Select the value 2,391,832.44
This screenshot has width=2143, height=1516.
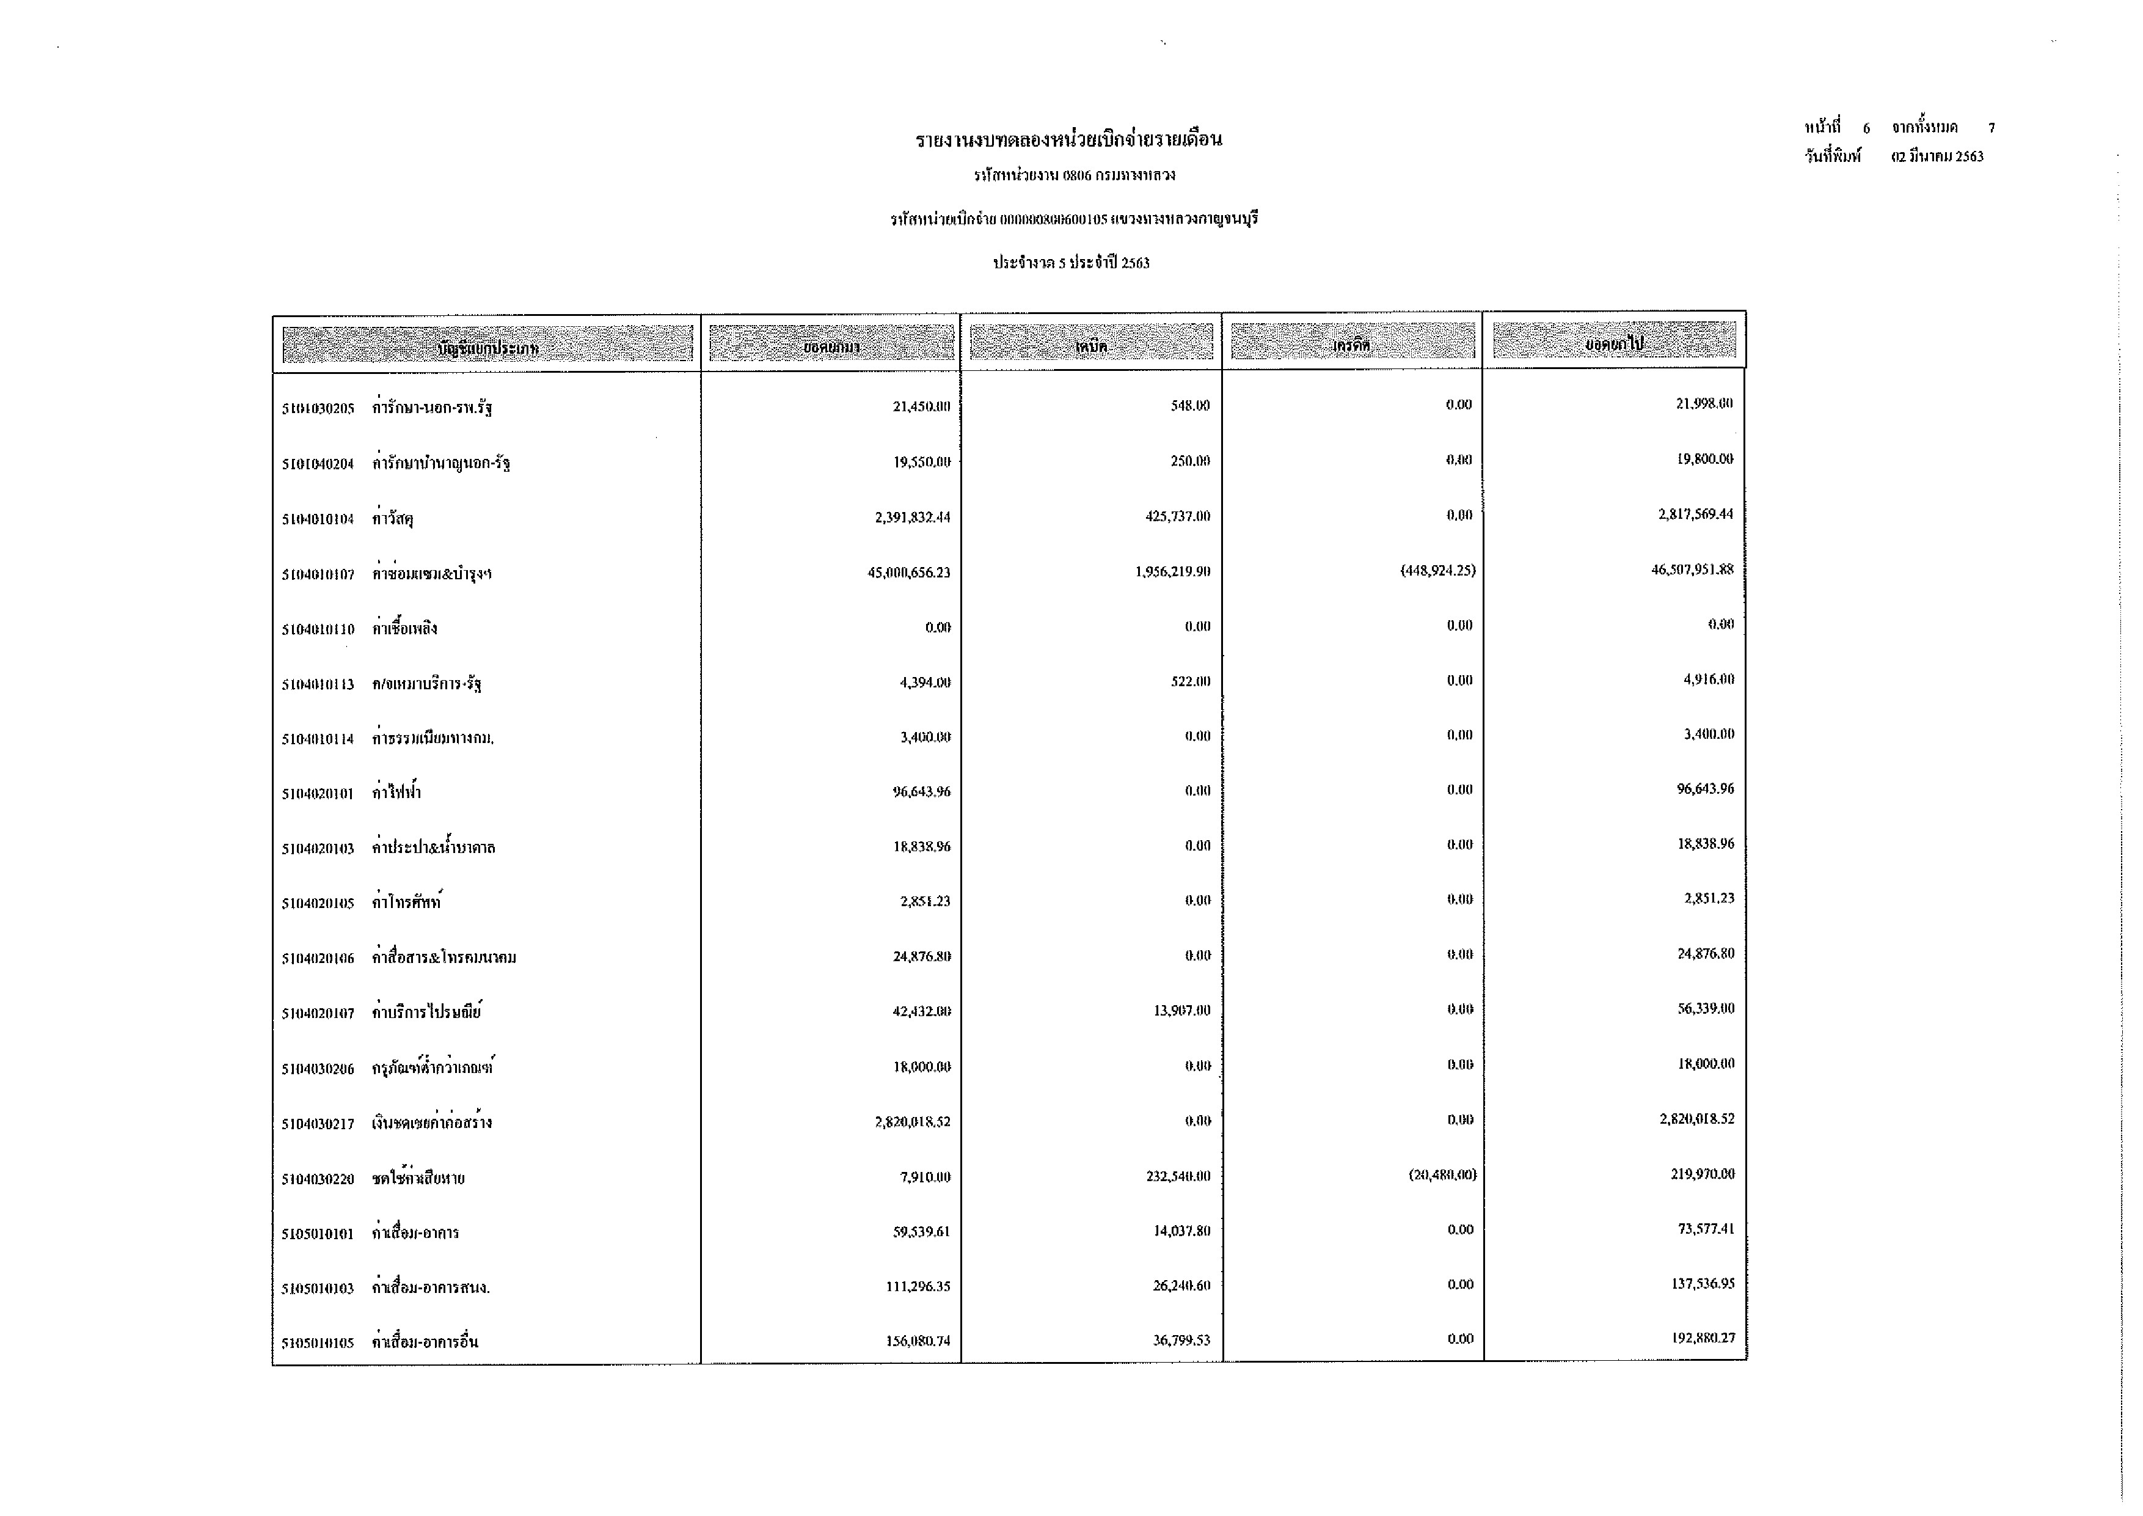[x=912, y=517]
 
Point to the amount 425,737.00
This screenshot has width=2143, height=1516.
[x=1177, y=516]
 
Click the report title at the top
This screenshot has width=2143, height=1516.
[x=1068, y=140]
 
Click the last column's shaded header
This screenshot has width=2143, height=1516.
[x=1614, y=341]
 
